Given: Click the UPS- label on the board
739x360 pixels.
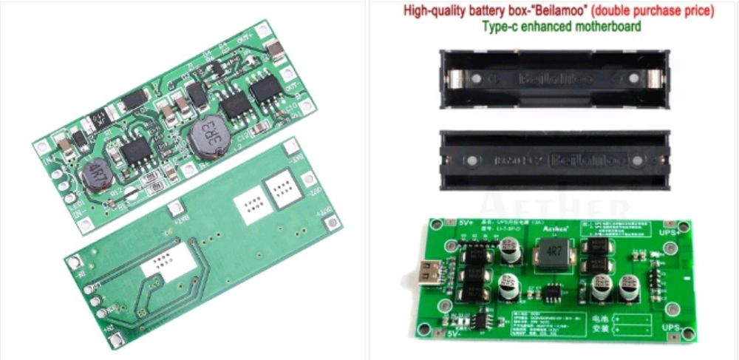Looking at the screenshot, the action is tap(670, 326).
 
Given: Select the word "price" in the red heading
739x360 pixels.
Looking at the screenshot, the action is tap(697, 12).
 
